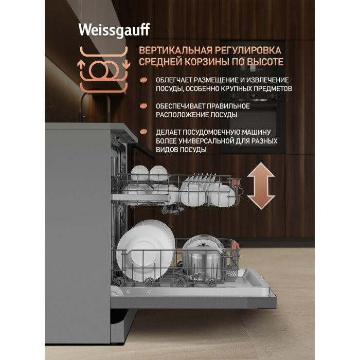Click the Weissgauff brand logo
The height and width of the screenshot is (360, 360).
pyautogui.click(x=114, y=30)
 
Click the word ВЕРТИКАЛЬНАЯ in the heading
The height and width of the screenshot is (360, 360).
pyautogui.click(x=176, y=50)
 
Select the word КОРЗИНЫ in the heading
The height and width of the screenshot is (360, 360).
pyautogui.click(x=208, y=62)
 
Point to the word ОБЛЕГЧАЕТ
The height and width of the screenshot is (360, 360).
pyautogui.click(x=174, y=80)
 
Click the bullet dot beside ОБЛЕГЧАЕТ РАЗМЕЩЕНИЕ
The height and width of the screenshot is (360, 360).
pyautogui.click(x=143, y=80)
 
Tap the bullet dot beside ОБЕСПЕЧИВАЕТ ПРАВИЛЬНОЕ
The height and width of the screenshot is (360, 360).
pyautogui.click(x=143, y=106)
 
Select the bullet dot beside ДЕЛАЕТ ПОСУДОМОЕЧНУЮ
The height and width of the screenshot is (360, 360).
pyautogui.click(x=143, y=132)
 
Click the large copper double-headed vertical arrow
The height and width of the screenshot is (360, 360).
pyautogui.click(x=261, y=186)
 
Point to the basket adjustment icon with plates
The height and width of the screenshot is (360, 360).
pyautogui.click(x=104, y=69)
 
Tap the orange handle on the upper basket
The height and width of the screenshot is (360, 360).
pyautogui.click(x=236, y=183)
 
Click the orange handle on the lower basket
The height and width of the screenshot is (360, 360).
pyautogui.click(x=236, y=247)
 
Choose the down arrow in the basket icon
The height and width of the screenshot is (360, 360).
pyautogui.click(x=127, y=64)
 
